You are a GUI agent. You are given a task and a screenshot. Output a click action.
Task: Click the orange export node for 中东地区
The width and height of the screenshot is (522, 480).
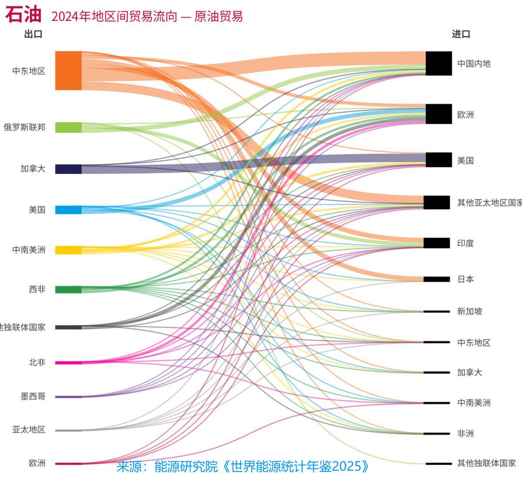(68, 70)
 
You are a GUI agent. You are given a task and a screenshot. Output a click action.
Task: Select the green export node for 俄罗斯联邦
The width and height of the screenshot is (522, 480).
(68, 128)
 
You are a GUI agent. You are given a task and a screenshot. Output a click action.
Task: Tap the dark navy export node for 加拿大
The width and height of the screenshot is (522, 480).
(68, 169)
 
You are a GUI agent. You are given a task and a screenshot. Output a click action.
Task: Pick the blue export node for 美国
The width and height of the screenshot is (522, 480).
(68, 210)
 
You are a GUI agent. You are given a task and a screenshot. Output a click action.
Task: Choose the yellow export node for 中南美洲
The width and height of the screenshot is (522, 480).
(68, 250)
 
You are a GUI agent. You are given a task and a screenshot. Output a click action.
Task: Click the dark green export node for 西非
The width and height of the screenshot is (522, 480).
(68, 289)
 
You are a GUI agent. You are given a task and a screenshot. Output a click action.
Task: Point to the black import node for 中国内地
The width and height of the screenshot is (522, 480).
(438, 64)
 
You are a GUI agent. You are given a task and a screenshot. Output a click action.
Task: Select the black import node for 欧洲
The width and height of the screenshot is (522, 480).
(438, 114)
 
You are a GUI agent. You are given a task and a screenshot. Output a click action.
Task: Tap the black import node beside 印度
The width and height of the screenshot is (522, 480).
(437, 243)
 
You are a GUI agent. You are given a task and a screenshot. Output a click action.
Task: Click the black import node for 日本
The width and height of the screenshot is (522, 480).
(437, 279)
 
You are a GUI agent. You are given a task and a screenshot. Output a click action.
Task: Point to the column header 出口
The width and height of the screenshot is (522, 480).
(33, 34)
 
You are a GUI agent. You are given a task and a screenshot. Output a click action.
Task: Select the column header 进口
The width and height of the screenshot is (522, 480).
(461, 34)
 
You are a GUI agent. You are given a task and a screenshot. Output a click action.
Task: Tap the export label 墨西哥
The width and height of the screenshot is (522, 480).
(33, 396)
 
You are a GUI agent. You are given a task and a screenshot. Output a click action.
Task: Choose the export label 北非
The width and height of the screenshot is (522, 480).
(37, 362)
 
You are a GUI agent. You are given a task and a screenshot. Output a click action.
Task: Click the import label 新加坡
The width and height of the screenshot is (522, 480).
(469, 311)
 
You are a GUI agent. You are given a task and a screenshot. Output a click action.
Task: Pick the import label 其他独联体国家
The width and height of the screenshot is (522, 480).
(486, 463)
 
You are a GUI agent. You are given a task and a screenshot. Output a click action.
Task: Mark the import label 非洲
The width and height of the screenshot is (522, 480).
(465, 433)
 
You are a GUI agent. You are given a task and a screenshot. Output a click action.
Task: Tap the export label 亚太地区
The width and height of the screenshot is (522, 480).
(29, 430)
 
